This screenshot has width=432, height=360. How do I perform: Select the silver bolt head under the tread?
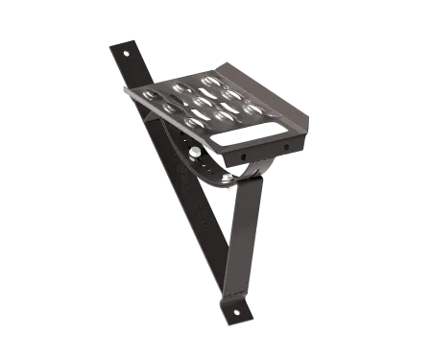tap(195, 151)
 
